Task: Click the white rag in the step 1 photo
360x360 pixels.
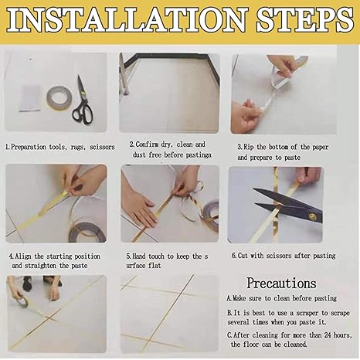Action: coord(29,97)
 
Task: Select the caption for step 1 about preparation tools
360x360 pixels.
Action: coord(59,145)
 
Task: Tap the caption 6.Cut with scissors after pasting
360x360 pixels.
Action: coord(284,256)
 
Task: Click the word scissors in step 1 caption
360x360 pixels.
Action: coord(98,145)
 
